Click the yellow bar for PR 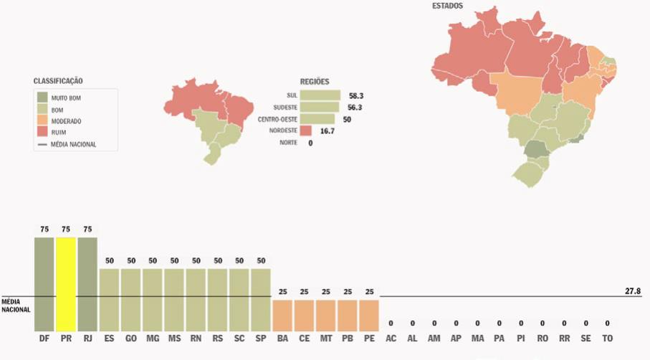[x=66, y=283]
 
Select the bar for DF [x=44, y=283]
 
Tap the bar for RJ [x=87, y=283]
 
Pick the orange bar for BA [x=282, y=315]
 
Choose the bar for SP [x=261, y=299]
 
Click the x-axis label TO [x=608, y=338]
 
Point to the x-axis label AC [x=391, y=338]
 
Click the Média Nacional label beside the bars [x=15, y=305]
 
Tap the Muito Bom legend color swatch [x=42, y=97]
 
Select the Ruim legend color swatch [x=42, y=133]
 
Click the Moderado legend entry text [x=66, y=121]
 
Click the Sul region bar [x=320, y=95]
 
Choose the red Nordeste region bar [x=306, y=131]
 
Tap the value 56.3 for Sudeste [x=356, y=107]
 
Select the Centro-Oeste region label [x=277, y=119]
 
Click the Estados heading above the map [x=447, y=6]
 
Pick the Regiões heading [x=315, y=82]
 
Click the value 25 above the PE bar [x=369, y=293]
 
